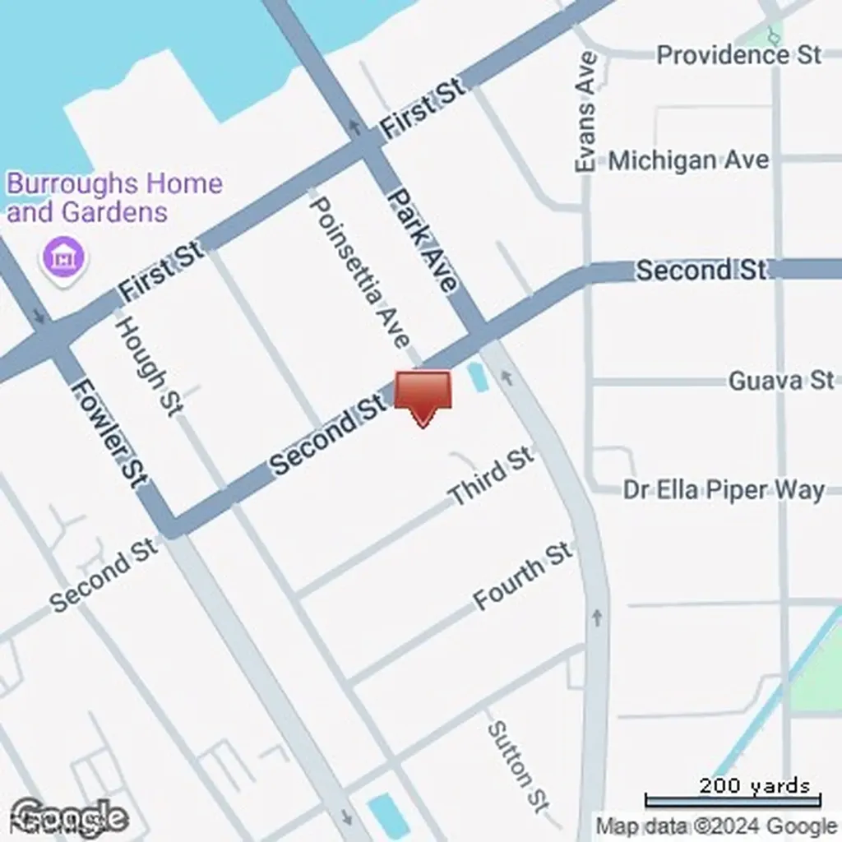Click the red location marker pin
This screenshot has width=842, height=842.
click(x=423, y=396)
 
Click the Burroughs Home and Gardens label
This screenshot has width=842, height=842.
click(x=114, y=197)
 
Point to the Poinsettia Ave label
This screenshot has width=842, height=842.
click(x=359, y=271)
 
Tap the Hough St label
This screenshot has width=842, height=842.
click(x=149, y=365)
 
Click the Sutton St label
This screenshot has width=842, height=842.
click(x=517, y=765)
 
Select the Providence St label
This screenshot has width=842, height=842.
click(x=738, y=55)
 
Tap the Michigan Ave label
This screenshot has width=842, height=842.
click(x=688, y=160)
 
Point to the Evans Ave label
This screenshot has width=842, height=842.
click(x=585, y=112)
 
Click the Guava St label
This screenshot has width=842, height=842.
click(x=780, y=380)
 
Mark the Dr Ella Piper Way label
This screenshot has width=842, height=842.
click(x=723, y=490)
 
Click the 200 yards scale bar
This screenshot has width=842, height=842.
click(x=732, y=796)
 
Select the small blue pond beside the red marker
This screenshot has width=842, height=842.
click(x=476, y=377)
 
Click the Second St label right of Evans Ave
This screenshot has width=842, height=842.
click(x=701, y=269)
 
